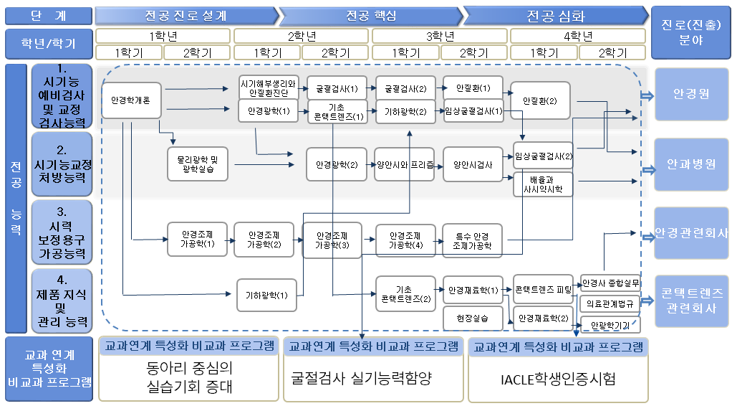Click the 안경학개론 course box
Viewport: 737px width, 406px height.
(130, 100)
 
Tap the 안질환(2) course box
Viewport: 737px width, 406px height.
(539, 101)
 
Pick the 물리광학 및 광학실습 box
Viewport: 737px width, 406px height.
(197, 164)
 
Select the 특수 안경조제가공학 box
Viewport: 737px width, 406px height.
(472, 240)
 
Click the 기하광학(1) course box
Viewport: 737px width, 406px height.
(266, 295)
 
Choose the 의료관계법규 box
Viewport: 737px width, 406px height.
(610, 304)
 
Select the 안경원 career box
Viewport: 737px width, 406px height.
(691, 95)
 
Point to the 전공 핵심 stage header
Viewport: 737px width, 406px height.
(370, 16)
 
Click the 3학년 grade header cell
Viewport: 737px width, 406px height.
(440, 35)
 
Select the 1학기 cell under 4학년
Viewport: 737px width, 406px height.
(544, 52)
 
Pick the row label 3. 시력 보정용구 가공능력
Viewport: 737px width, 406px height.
(62, 232)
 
